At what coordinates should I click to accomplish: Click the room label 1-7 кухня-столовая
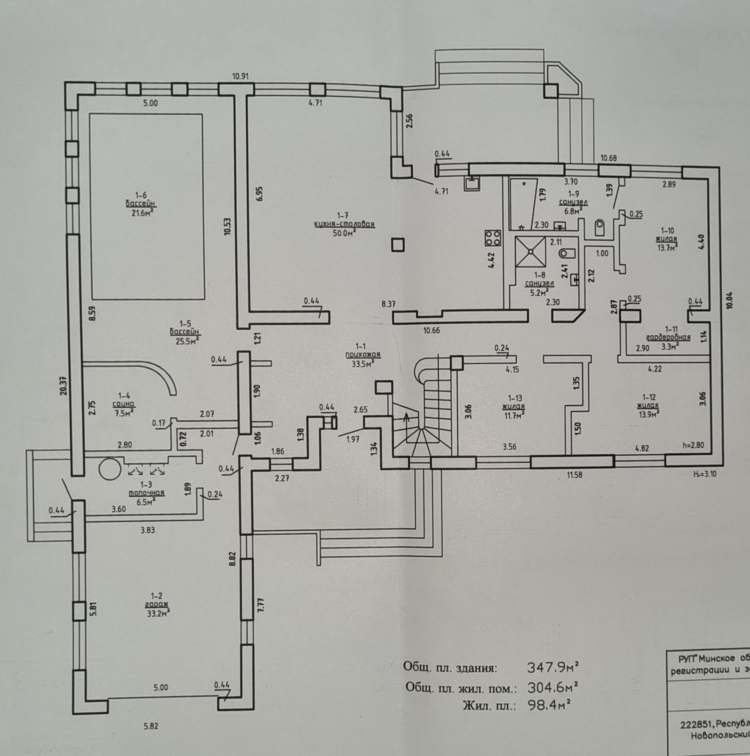(344, 224)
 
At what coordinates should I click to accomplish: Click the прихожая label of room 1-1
(363, 354)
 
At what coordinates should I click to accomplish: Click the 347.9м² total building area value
(553, 667)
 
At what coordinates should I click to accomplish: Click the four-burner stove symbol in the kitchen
(493, 238)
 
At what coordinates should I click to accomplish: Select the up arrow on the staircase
(407, 418)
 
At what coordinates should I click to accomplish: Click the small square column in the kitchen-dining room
(398, 245)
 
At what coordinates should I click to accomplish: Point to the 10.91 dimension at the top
(241, 76)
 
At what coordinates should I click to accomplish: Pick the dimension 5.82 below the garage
(151, 726)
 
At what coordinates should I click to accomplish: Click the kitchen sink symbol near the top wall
(473, 184)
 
